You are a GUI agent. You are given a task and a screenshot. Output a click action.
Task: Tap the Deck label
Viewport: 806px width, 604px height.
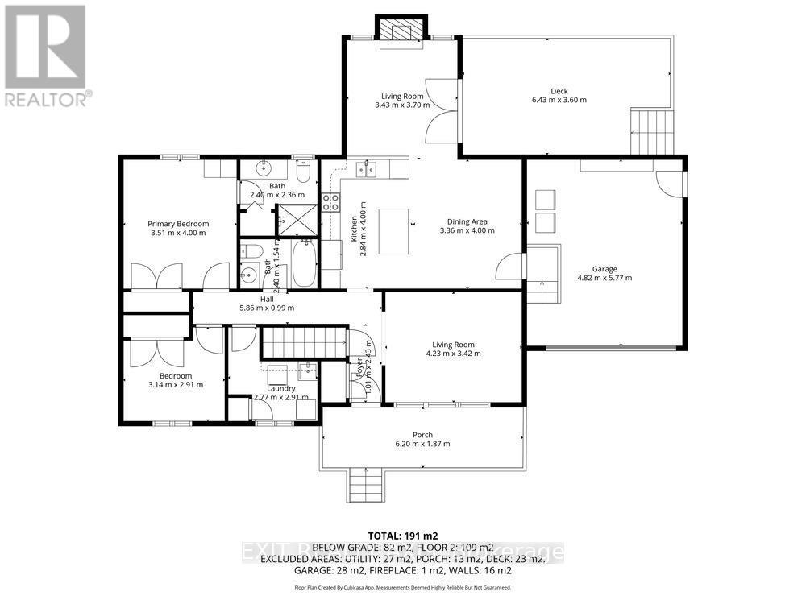[559, 91]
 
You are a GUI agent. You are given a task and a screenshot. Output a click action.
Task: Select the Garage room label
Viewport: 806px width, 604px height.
[604, 269]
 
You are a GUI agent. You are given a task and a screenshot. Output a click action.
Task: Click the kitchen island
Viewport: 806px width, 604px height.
[393, 231]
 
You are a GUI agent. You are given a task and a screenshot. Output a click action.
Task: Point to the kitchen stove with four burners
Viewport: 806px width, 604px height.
[330, 202]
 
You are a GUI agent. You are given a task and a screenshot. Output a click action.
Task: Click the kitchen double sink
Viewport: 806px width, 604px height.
[364, 168]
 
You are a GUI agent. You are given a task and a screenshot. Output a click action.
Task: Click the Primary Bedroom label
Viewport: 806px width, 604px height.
[178, 224]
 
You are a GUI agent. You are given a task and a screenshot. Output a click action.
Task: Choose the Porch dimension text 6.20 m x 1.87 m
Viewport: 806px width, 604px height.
[422, 444]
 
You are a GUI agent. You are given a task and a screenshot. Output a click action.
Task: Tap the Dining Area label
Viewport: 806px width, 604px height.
[467, 221]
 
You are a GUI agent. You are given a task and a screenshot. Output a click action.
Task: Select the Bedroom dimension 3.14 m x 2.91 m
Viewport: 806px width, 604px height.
[176, 384]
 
